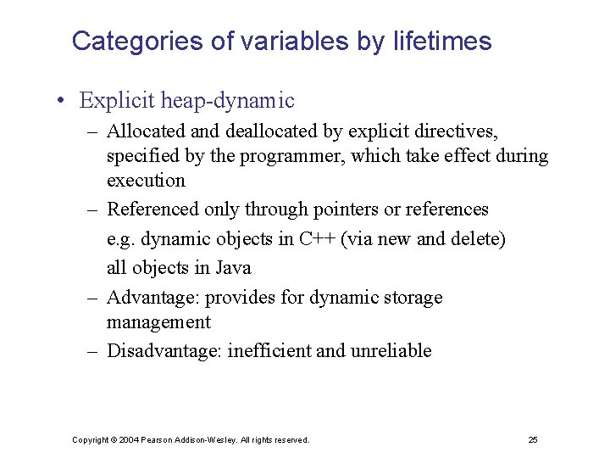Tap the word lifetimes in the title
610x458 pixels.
click(442, 41)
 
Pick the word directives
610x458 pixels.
click(457, 132)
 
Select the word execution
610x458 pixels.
click(146, 180)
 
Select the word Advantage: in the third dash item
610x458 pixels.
click(152, 298)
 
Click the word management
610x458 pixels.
click(158, 322)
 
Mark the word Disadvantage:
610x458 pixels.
click(166, 351)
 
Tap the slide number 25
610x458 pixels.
click(533, 440)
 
